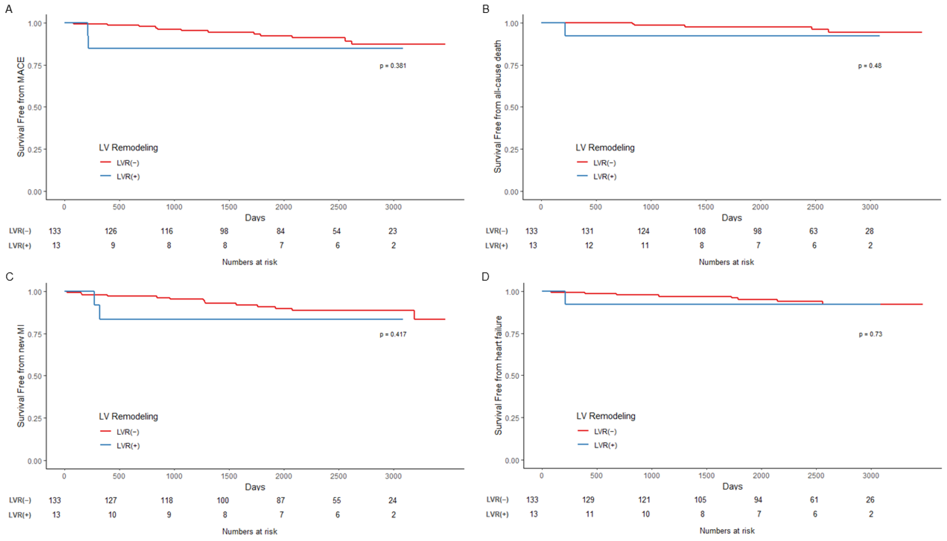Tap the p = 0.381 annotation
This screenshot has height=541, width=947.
[393, 66]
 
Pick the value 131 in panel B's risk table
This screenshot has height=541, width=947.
[587, 231]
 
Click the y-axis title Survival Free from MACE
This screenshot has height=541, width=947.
[21, 107]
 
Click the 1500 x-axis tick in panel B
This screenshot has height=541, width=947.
[705, 207]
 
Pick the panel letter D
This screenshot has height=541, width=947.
[485, 277]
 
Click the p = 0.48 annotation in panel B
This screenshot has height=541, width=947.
[869, 66]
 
